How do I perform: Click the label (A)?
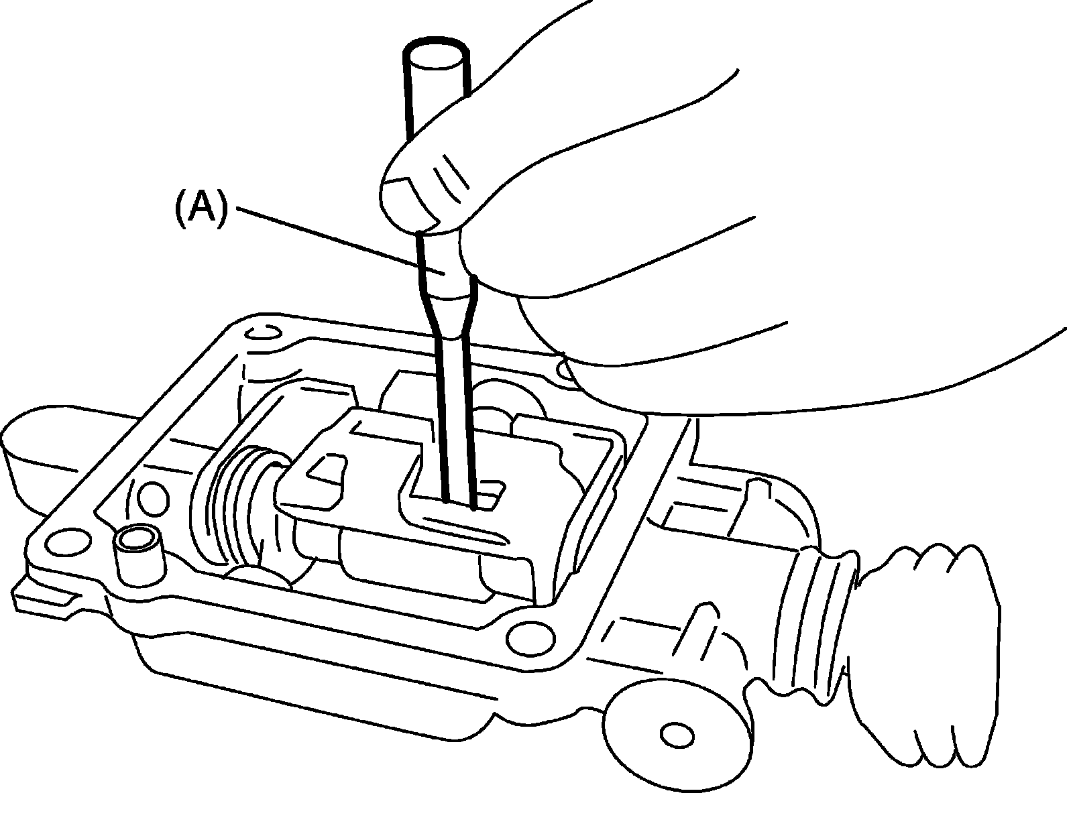(202, 210)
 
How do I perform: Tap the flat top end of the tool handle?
(436, 54)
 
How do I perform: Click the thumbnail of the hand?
(410, 202)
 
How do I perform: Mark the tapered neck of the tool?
(449, 316)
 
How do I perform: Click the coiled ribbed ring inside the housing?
(237, 503)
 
